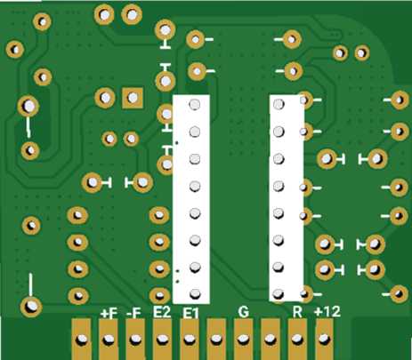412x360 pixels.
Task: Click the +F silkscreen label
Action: (109, 314)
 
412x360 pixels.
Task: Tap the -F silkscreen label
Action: (133, 313)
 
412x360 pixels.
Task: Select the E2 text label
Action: (162, 312)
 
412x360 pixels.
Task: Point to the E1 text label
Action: (190, 313)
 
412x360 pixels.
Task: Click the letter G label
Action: (244, 312)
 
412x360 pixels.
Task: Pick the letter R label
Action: (297, 312)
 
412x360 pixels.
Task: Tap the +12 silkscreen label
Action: (327, 311)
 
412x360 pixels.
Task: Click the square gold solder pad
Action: (133, 98)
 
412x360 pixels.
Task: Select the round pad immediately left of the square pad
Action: (105, 98)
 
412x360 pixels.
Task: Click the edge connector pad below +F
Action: (109, 340)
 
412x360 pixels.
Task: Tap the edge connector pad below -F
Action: (135, 340)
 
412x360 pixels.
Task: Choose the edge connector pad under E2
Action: (162, 340)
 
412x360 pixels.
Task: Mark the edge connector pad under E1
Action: (190, 340)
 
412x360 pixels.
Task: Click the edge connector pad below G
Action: (243, 340)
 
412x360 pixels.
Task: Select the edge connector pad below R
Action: (297, 340)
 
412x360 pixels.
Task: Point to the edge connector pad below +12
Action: (324, 340)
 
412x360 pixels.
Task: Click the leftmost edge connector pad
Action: (81, 340)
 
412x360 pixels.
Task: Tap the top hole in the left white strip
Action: (195, 104)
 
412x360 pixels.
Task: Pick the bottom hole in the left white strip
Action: (195, 294)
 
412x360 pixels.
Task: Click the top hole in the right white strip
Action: (279, 104)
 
